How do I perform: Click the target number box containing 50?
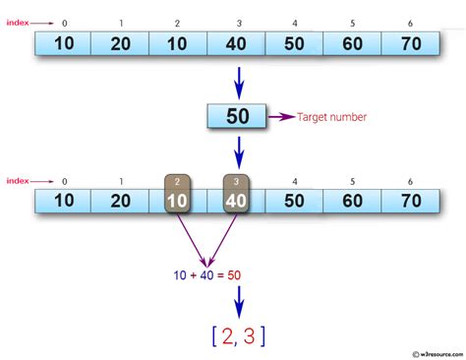click(x=237, y=117)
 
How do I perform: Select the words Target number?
click(x=331, y=117)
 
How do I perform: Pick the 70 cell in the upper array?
click(x=410, y=44)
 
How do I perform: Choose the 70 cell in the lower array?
click(x=410, y=202)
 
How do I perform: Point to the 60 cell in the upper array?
click(x=352, y=44)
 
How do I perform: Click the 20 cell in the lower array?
click(x=120, y=202)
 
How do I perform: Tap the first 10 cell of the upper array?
click(x=63, y=44)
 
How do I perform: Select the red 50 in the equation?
click(x=234, y=274)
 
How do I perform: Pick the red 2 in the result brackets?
click(x=227, y=337)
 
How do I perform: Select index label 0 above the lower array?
click(x=63, y=181)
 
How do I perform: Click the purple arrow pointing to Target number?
click(x=281, y=117)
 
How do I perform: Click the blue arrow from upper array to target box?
click(x=237, y=80)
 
